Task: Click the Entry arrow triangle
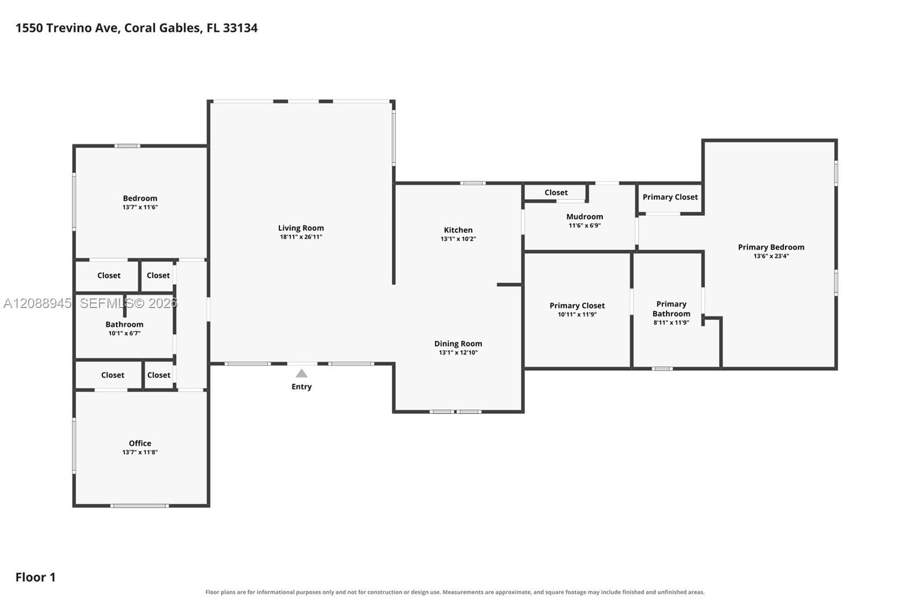(x=301, y=374)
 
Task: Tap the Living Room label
(x=301, y=228)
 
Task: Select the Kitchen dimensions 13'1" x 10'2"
(x=458, y=239)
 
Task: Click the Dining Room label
(x=458, y=344)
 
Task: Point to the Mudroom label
(x=585, y=217)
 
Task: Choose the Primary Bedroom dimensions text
(x=771, y=256)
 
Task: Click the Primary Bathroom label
(x=671, y=309)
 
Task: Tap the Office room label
(x=140, y=444)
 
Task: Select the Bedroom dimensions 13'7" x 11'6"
(x=140, y=207)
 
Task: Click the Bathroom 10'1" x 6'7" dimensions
(x=125, y=333)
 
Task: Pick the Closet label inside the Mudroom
(x=556, y=192)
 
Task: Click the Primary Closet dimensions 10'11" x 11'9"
(x=577, y=314)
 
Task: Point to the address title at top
(x=136, y=28)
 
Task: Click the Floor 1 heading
(x=35, y=577)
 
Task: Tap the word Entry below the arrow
(x=301, y=387)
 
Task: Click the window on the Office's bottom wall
(x=139, y=506)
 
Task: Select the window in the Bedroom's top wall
(x=127, y=146)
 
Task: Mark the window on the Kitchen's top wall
(x=473, y=183)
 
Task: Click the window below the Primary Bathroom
(x=662, y=368)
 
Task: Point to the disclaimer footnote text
(x=455, y=592)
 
